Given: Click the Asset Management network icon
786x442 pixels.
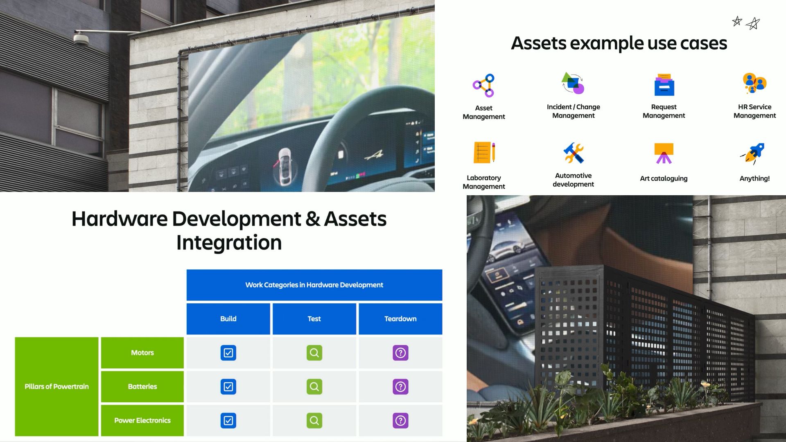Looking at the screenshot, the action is [x=483, y=86].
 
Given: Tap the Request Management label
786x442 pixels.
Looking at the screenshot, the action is [x=664, y=111].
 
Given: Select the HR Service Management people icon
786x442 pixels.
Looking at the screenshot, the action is [x=754, y=83].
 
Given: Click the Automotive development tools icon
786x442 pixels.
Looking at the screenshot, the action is [x=574, y=153].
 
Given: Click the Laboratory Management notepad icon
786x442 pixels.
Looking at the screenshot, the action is [x=484, y=152].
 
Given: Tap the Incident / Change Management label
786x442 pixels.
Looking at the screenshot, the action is [x=574, y=111].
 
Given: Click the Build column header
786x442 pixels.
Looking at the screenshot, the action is [x=228, y=319].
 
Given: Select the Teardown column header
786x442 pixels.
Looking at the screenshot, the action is [x=400, y=319].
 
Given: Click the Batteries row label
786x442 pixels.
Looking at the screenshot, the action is [x=142, y=386].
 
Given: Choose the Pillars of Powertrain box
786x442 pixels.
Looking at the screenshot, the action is [x=56, y=386].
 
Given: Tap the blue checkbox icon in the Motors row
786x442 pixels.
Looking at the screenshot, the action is [x=228, y=353].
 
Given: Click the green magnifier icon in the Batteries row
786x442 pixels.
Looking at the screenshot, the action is [x=314, y=387].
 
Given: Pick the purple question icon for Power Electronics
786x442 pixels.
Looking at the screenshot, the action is [x=400, y=420].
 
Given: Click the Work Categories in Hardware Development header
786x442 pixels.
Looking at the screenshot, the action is [x=314, y=285].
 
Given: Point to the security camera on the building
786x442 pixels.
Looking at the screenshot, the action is [x=81, y=39].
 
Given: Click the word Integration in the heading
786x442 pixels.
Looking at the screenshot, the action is [x=229, y=243].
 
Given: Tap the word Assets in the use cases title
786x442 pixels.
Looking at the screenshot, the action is [x=538, y=43].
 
